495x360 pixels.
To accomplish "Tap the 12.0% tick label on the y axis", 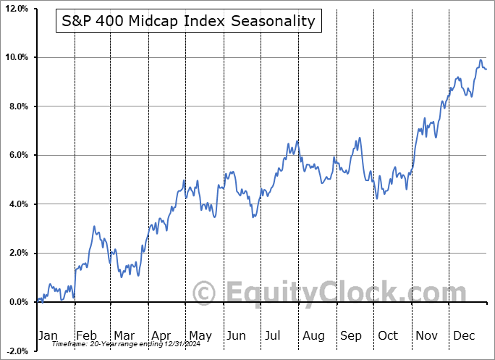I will pyautogui.click(x=16, y=9).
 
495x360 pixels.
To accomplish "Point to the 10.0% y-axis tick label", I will pyautogui.click(x=16, y=57).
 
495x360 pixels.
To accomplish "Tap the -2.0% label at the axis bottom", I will pyautogui.click(x=16, y=351).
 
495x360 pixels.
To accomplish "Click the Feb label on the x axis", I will pyautogui.click(x=86, y=335).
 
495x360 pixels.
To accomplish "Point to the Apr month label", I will pyautogui.click(x=161, y=335).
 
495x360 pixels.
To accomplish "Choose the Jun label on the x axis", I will pyautogui.click(x=237, y=335).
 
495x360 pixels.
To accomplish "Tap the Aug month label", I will pyautogui.click(x=313, y=335).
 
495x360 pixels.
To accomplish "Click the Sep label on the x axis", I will pyautogui.click(x=351, y=335).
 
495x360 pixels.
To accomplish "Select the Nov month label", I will pyautogui.click(x=426, y=335).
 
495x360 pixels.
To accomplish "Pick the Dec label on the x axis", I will pyautogui.click(x=465, y=335).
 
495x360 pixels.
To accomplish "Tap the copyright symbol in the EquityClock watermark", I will pyautogui.click(x=206, y=293).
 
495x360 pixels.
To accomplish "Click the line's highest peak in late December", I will pyautogui.click(x=481, y=60).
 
